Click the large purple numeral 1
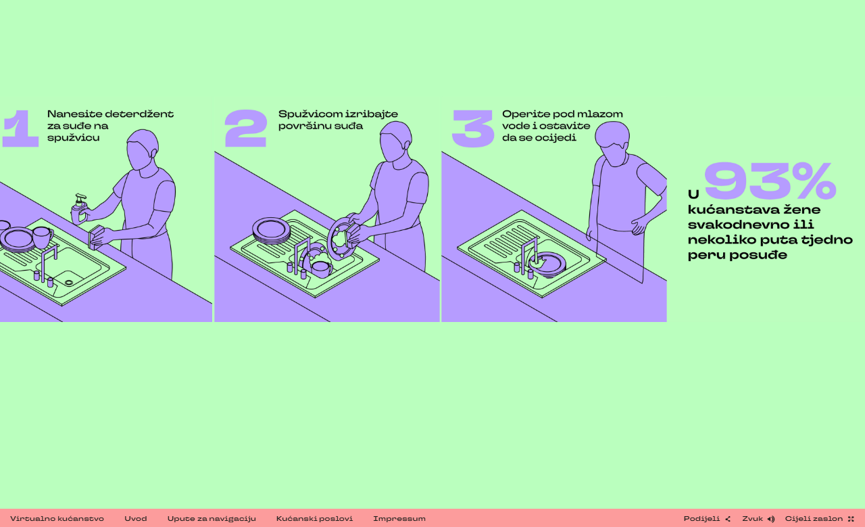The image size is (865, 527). pyautogui.click(x=20, y=129)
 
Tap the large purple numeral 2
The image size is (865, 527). pyautogui.click(x=246, y=129)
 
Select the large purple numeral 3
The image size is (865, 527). pyautogui.click(x=473, y=129)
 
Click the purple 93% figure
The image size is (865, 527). pyautogui.click(x=770, y=181)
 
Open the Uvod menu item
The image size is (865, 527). pyautogui.click(x=136, y=518)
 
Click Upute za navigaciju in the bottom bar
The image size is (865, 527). pyautogui.click(x=212, y=518)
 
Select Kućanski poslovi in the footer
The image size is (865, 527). pyautogui.click(x=314, y=518)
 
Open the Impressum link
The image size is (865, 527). pyautogui.click(x=399, y=518)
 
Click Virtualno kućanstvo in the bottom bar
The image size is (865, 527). pyautogui.click(x=57, y=518)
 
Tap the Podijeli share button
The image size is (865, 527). pyautogui.click(x=707, y=518)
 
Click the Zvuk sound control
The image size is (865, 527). pyautogui.click(x=758, y=518)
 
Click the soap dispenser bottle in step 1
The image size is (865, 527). pyautogui.click(x=80, y=210)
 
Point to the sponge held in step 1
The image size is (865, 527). pyautogui.click(x=95, y=237)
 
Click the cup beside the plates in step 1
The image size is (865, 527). pyautogui.click(x=43, y=237)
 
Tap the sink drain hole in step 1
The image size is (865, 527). pyautogui.click(x=69, y=283)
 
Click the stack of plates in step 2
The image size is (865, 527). pyautogui.click(x=271, y=231)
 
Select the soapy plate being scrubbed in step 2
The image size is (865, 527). pyautogui.click(x=341, y=239)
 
